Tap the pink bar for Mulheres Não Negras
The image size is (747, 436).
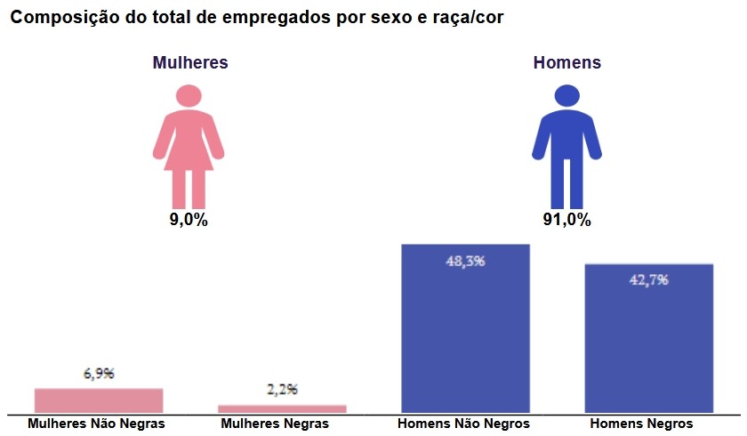tap(99, 400)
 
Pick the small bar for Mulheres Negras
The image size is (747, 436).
tap(282, 408)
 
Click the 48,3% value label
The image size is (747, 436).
tap(465, 261)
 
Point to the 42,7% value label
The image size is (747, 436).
tap(648, 279)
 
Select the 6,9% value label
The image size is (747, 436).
tap(99, 374)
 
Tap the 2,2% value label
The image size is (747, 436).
tap(282, 390)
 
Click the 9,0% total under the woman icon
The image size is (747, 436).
tap(189, 220)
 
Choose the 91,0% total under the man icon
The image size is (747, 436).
tap(567, 220)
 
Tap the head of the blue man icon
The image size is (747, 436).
tap(567, 96)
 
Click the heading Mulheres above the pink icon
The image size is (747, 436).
tap(190, 63)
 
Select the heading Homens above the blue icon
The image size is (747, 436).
tap(567, 63)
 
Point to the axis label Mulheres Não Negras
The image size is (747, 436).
tap(96, 424)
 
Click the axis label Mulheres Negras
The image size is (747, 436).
tap(274, 424)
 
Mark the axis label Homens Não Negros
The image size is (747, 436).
tap(463, 424)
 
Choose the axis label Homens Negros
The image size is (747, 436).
tap(641, 424)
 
